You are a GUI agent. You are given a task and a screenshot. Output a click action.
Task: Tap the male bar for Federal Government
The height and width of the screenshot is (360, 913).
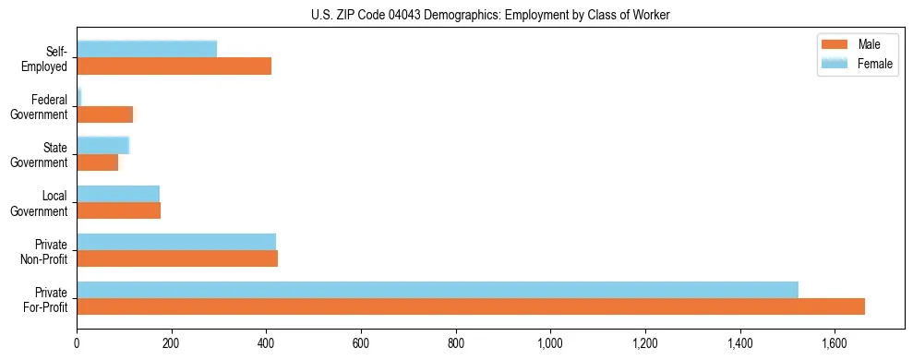pyautogui.click(x=104, y=114)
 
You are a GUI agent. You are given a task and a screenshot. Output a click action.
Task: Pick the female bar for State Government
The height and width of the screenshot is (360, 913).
pyautogui.click(x=102, y=145)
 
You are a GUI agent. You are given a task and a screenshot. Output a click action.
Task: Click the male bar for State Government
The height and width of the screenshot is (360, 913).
pyautogui.click(x=97, y=162)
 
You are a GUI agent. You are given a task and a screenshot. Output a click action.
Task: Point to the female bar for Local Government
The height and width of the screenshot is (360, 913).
pyautogui.click(x=118, y=193)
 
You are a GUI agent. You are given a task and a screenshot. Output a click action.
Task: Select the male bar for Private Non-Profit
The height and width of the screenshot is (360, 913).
pyautogui.click(x=177, y=258)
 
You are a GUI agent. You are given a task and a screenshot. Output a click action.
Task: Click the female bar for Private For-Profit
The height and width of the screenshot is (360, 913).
pyautogui.click(x=437, y=289)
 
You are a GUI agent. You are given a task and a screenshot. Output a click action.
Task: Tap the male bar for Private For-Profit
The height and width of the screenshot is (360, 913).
pyautogui.click(x=470, y=306)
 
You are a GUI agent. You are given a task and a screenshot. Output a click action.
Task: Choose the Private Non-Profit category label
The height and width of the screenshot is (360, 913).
pyautogui.click(x=46, y=251)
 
